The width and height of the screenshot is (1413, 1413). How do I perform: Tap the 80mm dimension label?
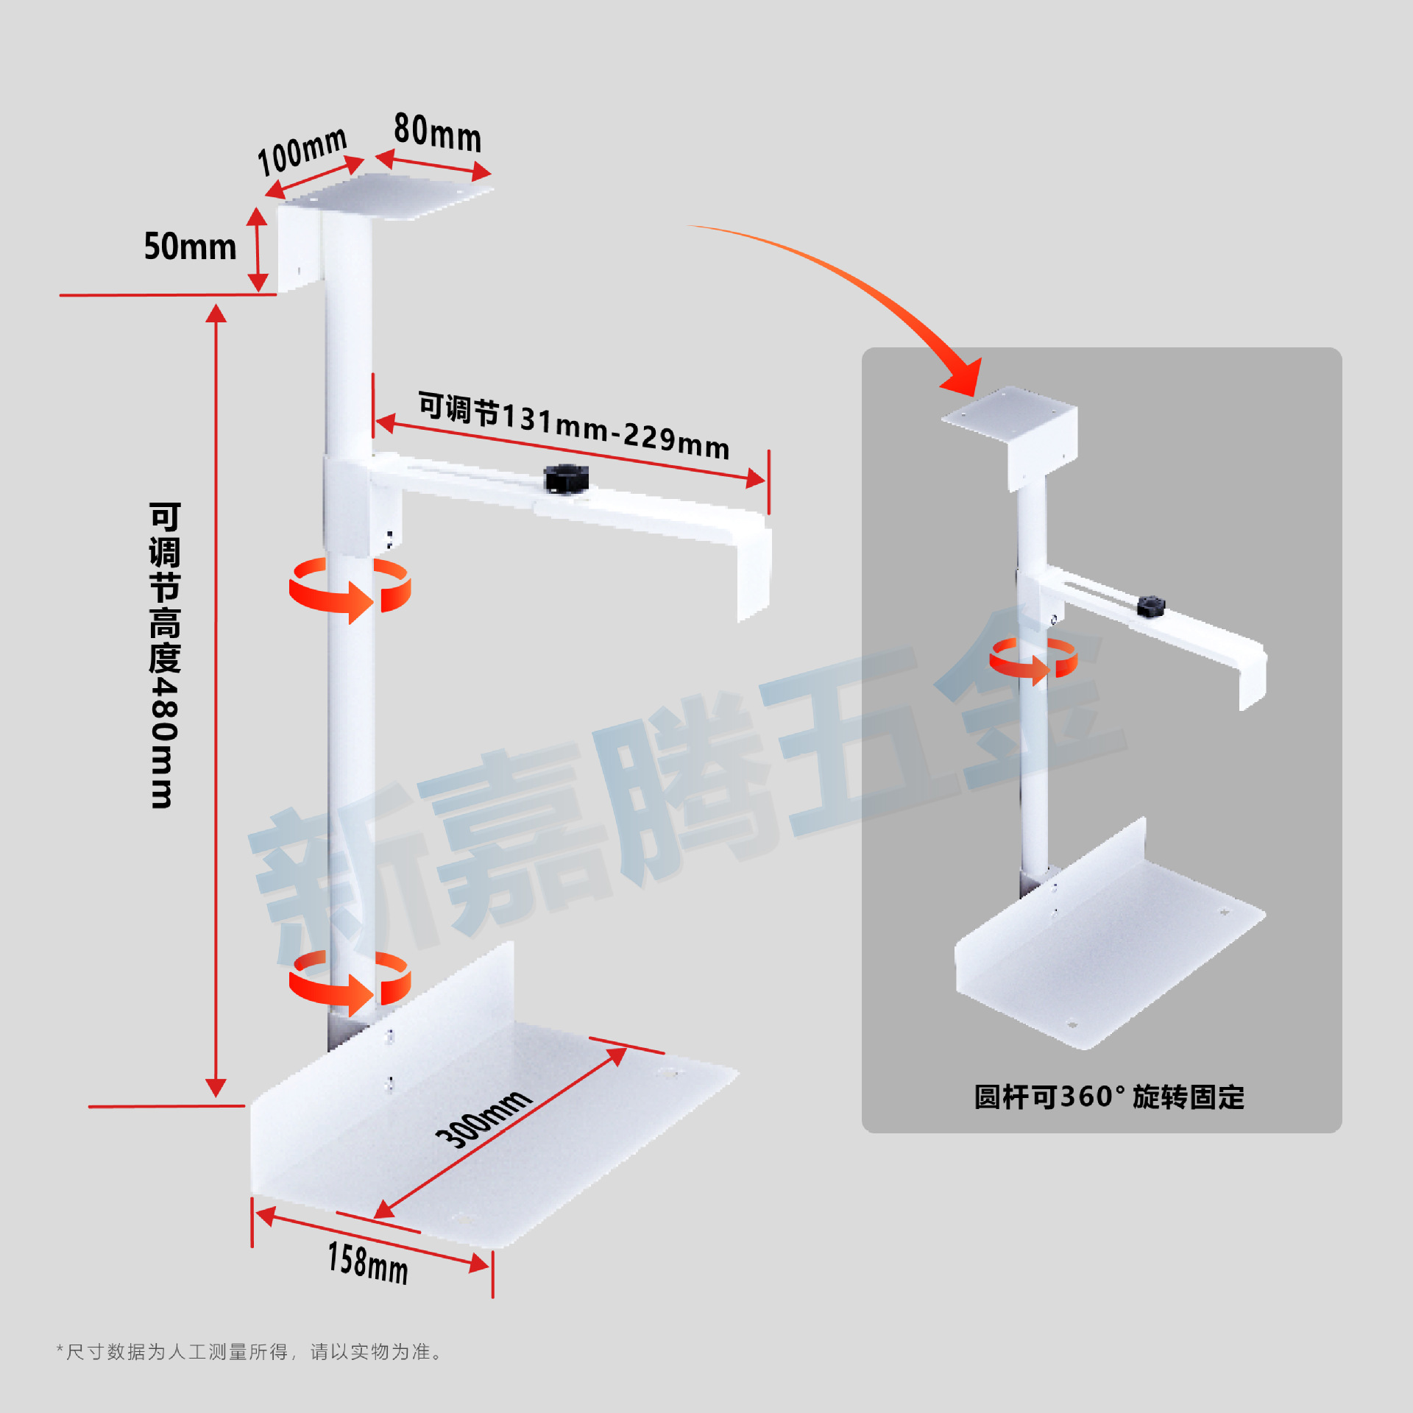(437, 133)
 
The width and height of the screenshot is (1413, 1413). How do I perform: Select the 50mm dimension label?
(190, 247)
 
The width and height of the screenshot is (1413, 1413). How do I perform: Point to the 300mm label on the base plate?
(483, 1118)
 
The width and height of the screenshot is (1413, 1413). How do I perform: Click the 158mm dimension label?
(367, 1262)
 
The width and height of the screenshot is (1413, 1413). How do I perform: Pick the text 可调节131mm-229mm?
(574, 425)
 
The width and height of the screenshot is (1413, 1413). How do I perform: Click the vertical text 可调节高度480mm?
(164, 655)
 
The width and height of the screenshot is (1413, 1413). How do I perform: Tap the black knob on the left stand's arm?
(565, 478)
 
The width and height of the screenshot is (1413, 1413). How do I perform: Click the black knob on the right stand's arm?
(1150, 606)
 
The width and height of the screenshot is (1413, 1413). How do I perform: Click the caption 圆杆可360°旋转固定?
(1109, 1097)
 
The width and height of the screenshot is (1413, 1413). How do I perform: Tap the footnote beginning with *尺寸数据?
(250, 1352)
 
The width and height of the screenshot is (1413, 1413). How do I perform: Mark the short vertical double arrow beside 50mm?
(257, 249)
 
